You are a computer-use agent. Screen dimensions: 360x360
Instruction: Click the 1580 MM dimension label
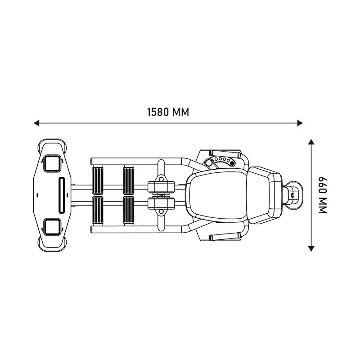[x=168, y=112]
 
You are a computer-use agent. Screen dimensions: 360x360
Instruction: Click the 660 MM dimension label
[x=322, y=195]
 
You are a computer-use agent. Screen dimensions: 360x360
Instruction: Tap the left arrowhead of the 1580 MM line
[x=36, y=123]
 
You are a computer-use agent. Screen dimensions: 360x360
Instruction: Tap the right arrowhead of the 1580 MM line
[x=300, y=123]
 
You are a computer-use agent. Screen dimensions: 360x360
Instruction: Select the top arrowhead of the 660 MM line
[x=311, y=142]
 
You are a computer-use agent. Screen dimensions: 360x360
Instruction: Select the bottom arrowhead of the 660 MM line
[x=311, y=249]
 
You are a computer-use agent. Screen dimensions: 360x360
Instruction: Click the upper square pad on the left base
[x=53, y=163]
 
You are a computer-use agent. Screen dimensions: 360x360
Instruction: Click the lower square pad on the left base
[x=53, y=227]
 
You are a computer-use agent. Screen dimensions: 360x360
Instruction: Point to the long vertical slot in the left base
[x=62, y=195]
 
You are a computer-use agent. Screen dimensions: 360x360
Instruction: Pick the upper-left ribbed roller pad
[x=98, y=180]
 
